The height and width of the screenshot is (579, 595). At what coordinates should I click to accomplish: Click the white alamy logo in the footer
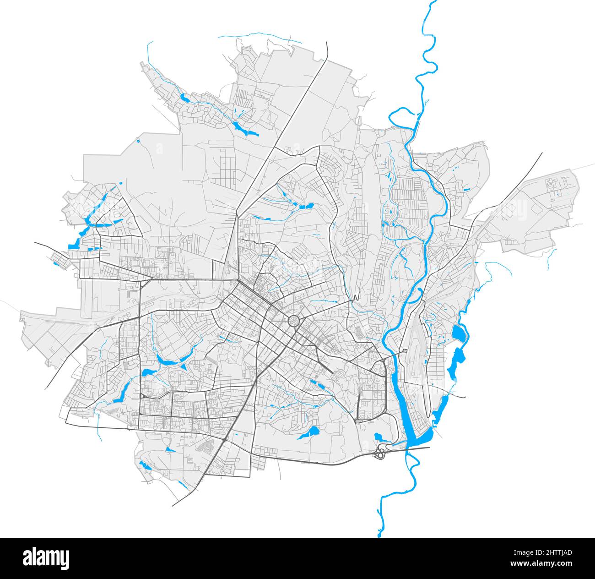click(x=46, y=558)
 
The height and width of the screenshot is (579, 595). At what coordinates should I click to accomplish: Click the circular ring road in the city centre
click(x=293, y=321)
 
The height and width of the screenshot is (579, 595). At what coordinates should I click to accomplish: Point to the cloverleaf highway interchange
click(x=379, y=454)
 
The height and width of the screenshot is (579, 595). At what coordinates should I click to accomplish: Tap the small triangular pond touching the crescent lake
click(x=183, y=366)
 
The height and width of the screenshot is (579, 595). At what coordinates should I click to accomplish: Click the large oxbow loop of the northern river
click(x=403, y=117)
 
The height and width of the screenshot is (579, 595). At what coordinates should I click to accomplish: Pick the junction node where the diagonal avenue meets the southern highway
click(x=227, y=440)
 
